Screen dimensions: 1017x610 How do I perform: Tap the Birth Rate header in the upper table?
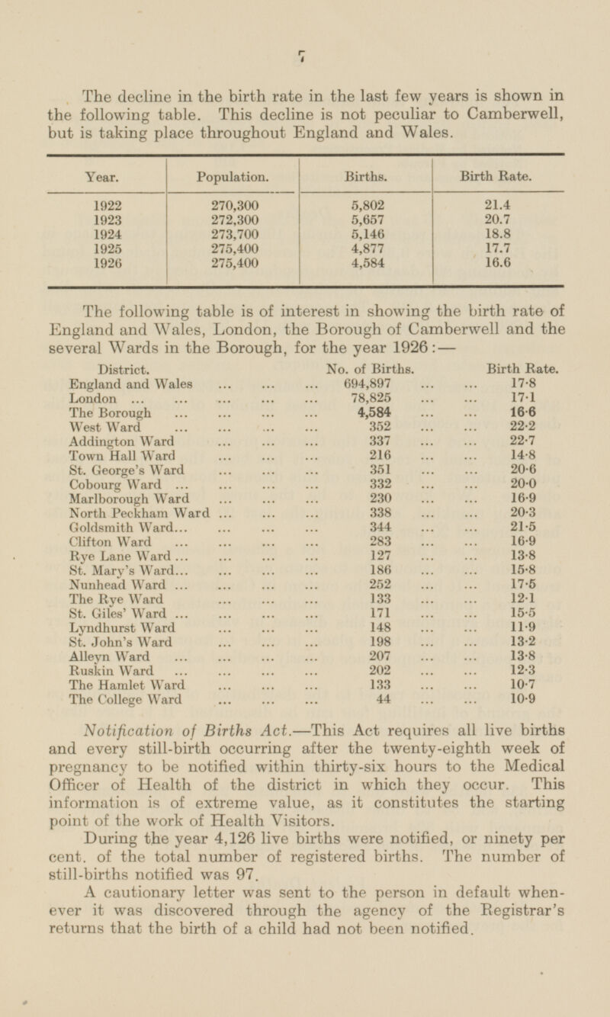(x=498, y=175)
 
